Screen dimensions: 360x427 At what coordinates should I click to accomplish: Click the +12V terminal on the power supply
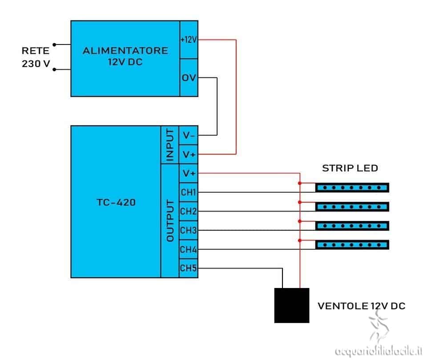tap(189, 40)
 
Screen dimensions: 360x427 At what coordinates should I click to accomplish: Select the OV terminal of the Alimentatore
tap(189, 78)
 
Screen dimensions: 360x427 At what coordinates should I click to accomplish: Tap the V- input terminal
tap(189, 135)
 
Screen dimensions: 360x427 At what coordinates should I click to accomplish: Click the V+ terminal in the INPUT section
tap(189, 154)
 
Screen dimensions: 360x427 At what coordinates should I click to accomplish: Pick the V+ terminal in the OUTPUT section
tap(189, 173)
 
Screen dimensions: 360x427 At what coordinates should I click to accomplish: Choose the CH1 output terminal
tap(189, 192)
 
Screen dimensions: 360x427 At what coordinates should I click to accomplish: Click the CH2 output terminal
tap(189, 212)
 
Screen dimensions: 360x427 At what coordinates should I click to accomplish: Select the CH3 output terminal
tap(189, 231)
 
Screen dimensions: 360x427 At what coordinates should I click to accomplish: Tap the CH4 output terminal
tap(189, 250)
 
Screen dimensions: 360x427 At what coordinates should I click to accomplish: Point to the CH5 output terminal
tap(189, 268)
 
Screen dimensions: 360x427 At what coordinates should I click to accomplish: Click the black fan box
tap(291, 305)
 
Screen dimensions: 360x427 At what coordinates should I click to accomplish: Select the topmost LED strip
tap(352, 188)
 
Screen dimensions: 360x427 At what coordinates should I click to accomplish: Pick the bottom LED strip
tap(352, 244)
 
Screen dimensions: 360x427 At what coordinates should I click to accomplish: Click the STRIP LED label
tap(350, 168)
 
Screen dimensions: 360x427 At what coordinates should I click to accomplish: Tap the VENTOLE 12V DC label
tap(361, 306)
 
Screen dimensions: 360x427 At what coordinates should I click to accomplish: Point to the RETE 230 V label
tap(37, 57)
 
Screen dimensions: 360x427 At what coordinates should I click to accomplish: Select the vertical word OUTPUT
tap(170, 221)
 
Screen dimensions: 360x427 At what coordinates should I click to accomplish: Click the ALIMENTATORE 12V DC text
tap(125, 56)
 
